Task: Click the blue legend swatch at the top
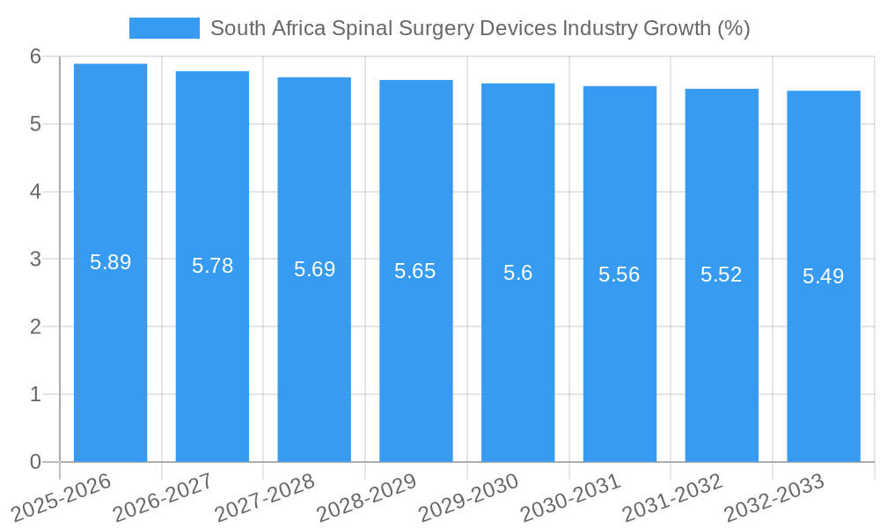click(164, 28)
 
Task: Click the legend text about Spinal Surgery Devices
click(480, 28)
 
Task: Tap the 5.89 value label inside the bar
click(110, 262)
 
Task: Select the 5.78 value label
click(212, 266)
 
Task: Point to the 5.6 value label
click(517, 273)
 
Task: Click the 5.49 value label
click(823, 276)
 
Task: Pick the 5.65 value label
click(415, 271)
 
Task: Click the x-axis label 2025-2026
click(62, 496)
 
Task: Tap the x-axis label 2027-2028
click(266, 496)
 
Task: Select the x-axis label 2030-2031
click(571, 496)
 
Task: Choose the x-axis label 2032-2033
click(774, 496)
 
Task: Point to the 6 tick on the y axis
click(35, 56)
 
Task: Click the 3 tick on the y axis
click(35, 260)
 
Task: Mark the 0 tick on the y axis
click(35, 462)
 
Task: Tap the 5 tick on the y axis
click(35, 124)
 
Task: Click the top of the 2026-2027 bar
click(212, 72)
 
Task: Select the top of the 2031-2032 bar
click(722, 90)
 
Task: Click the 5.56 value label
click(620, 275)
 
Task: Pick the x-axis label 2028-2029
click(367, 496)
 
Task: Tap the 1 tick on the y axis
click(35, 394)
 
